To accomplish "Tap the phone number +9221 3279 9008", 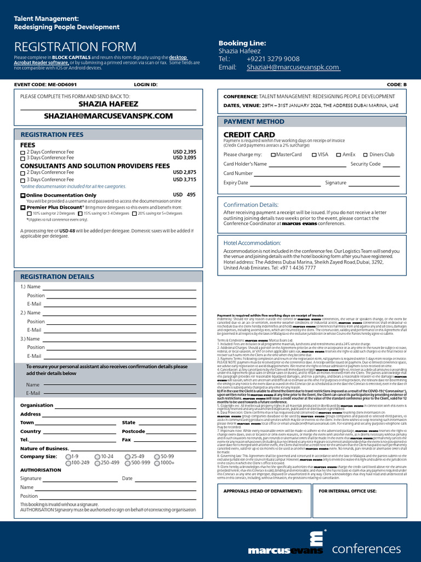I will (x=273, y=59).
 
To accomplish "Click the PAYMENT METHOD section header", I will (x=254, y=121).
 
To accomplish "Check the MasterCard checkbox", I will (x=274, y=155).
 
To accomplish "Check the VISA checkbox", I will (x=314, y=155).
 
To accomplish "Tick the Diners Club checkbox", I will (x=365, y=155).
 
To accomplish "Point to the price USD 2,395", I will (x=184, y=151).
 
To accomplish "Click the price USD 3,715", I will (x=184, y=179).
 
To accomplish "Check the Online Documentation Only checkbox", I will (x=23, y=195).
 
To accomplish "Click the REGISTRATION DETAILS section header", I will (x=58, y=277).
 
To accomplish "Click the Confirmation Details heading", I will (x=251, y=205).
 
